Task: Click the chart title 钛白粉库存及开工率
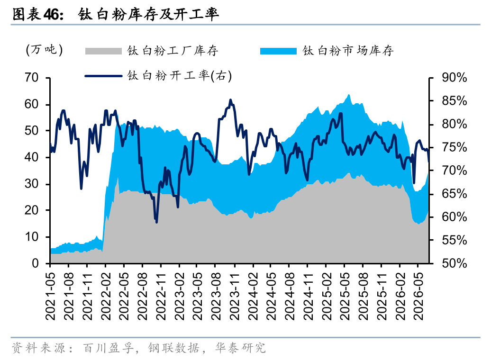148,15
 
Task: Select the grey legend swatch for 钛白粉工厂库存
103,51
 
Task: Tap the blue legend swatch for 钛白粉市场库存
278,51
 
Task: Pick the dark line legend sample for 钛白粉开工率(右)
103,76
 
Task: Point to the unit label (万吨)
44,50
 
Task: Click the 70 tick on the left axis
32,77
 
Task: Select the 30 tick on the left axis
32,184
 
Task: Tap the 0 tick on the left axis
35,263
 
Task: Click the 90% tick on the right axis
455,77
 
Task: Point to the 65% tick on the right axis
455,194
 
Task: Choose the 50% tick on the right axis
455,263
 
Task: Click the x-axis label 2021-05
50,296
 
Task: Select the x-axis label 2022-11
161,296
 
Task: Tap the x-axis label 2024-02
253,296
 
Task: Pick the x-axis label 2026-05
418,296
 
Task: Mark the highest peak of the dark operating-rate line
230,100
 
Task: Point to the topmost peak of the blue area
348,95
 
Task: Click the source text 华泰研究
240,348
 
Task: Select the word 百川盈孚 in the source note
108,348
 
